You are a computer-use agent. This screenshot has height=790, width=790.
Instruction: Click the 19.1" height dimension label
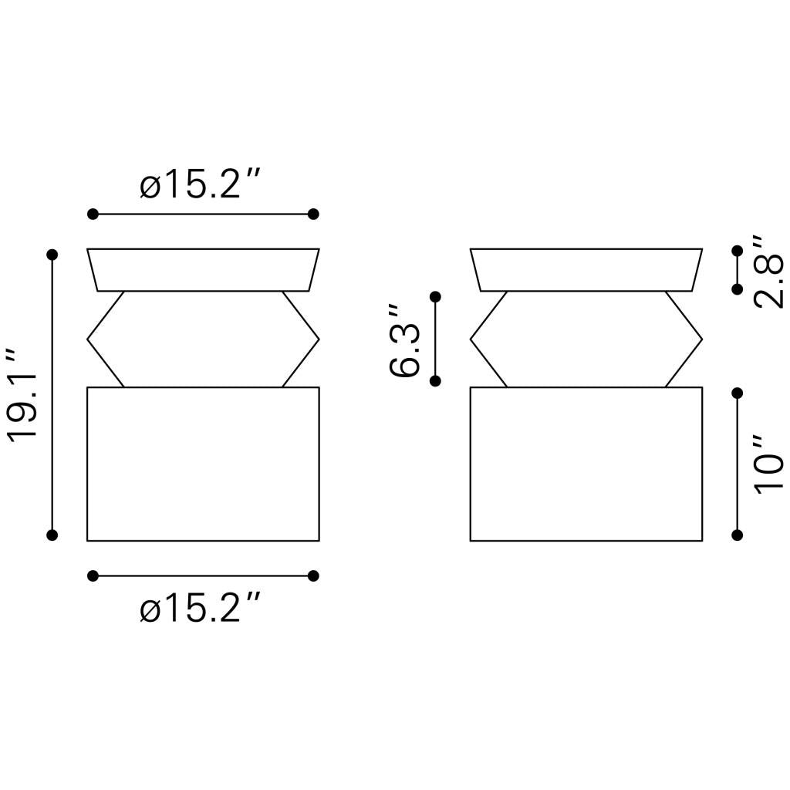coord(22,394)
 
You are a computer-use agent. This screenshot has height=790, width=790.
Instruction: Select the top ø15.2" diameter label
coord(200,184)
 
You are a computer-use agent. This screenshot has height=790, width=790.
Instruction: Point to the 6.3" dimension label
coord(404,340)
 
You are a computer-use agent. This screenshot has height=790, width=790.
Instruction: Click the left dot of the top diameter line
coord(93,214)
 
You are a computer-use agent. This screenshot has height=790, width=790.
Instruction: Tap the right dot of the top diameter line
coord(313,214)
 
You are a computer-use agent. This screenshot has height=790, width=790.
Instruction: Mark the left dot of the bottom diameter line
coord(93,576)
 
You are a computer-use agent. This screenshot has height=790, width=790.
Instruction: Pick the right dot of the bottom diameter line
coord(313,576)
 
